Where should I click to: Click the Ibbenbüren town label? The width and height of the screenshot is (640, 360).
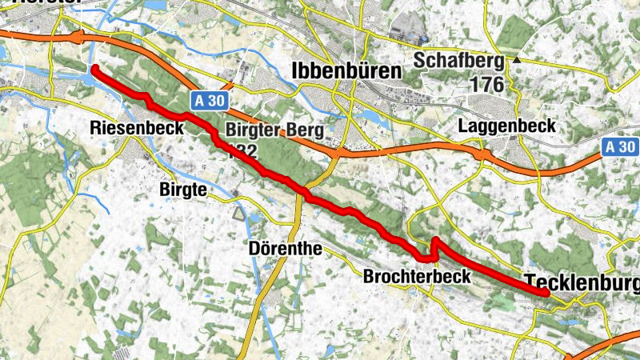pyautogui.click(x=347, y=70)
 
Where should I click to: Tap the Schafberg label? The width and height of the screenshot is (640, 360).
pyautogui.click(x=458, y=61)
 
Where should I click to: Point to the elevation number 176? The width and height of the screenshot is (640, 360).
pyautogui.click(x=487, y=84)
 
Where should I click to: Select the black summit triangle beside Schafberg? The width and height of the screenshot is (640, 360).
pyautogui.click(x=518, y=59)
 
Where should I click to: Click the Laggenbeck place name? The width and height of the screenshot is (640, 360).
pyautogui.click(x=507, y=126)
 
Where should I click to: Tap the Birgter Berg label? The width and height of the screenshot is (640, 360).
pyautogui.click(x=274, y=130)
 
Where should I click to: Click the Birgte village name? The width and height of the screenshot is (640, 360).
pyautogui.click(x=184, y=189)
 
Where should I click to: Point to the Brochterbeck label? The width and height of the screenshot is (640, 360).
pyautogui.click(x=416, y=277)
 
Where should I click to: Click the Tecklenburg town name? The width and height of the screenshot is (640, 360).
pyautogui.click(x=582, y=283)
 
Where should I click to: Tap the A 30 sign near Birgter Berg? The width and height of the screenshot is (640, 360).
pyautogui.click(x=210, y=100)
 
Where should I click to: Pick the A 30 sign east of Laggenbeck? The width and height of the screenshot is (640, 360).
pyautogui.click(x=620, y=146)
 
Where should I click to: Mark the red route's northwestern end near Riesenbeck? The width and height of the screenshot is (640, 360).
pyautogui.click(x=94, y=70)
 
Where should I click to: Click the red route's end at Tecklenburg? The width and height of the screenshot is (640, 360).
pyautogui.click(x=546, y=293)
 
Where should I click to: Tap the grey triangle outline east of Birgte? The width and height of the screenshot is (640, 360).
pyautogui.click(x=238, y=214)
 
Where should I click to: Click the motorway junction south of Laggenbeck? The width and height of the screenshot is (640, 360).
pyautogui.click(x=482, y=153)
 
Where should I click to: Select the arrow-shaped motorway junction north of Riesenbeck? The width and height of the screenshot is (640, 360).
pyautogui.click(x=77, y=36)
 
